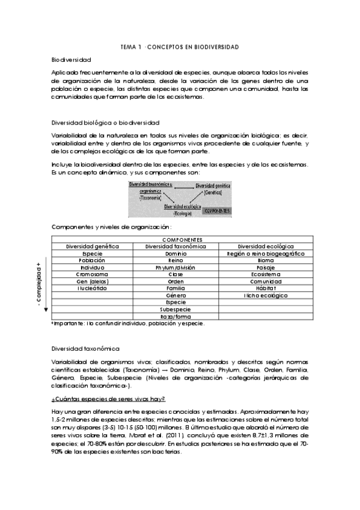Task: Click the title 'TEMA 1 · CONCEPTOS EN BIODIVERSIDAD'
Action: pyautogui.click(x=180, y=46)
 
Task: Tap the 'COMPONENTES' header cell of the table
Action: pyautogui.click(x=182, y=239)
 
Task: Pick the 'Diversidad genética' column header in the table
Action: pyautogui.click(x=92, y=246)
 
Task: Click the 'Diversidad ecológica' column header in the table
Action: pyautogui.click(x=266, y=246)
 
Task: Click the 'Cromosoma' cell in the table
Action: pyautogui.click(x=92, y=274)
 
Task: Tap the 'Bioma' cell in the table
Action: pyautogui.click(x=266, y=260)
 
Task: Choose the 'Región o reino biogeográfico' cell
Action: pyautogui.click(x=266, y=254)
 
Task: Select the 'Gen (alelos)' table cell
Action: pyautogui.click(x=92, y=281)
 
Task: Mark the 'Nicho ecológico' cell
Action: pyautogui.click(x=266, y=295)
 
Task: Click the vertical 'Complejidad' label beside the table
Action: pyautogui.click(x=39, y=285)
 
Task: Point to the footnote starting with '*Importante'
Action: pyautogui.click(x=127, y=324)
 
